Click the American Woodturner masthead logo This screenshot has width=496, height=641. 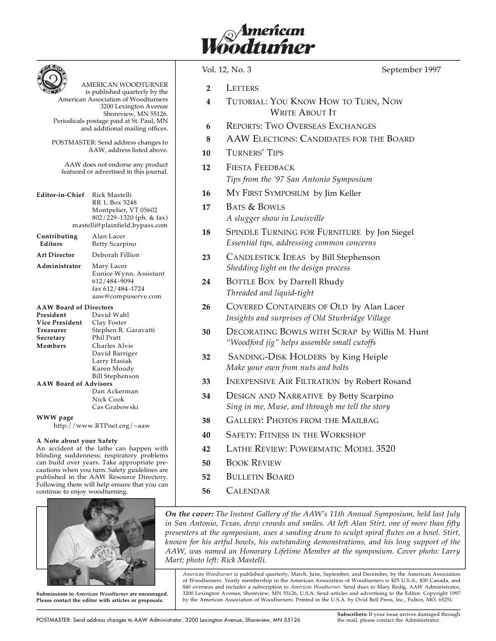258,40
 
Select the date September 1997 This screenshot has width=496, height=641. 411,70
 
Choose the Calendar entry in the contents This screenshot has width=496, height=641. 247,491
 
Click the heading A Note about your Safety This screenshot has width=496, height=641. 76,441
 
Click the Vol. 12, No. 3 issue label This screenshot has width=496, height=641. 227,70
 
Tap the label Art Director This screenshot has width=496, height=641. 55,255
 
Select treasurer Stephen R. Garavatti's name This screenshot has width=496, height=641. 123,330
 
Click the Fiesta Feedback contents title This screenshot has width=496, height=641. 260,168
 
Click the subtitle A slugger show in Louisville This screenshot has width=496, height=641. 275,219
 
